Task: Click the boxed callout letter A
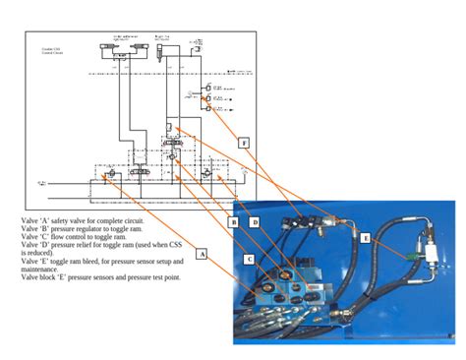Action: click(203, 253)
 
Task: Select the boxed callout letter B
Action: click(234, 222)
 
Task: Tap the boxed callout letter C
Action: click(249, 258)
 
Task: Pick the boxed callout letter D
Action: click(254, 222)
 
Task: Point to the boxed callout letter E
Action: click(366, 237)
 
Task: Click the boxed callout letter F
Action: click(244, 142)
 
